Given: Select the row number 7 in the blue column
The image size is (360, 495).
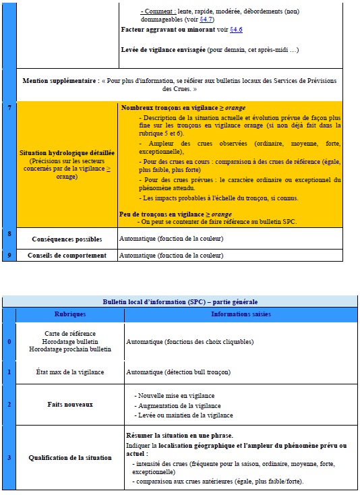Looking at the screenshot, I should [9, 107].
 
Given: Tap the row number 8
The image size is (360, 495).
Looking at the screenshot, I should [9, 233].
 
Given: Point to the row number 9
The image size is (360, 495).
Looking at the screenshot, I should [9, 254].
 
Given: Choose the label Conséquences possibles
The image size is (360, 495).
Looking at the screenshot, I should [67, 239].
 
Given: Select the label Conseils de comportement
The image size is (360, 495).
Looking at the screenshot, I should [67, 256].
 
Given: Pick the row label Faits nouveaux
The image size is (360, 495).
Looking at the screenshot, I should [70, 404].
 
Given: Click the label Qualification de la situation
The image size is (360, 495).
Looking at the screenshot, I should [70, 457].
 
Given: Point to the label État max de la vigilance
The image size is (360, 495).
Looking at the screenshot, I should [69, 372].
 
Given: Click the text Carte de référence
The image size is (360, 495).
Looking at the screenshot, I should [70, 333].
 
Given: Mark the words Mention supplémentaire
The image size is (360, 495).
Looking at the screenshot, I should [62, 80].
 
